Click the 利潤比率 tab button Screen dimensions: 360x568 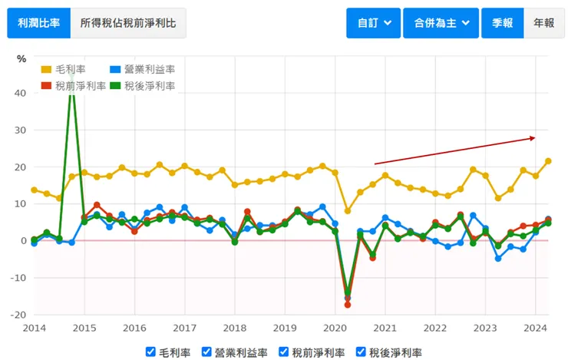click(38, 23)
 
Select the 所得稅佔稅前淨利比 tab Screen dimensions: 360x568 click(128, 23)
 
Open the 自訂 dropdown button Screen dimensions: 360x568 click(373, 23)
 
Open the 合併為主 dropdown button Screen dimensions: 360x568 click(441, 23)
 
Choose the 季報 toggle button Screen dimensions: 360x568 click(504, 23)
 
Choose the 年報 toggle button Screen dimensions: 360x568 click(543, 23)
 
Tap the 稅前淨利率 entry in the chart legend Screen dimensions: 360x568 click(74, 86)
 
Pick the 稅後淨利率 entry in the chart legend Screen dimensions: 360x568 click(143, 86)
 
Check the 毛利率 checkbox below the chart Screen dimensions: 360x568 click(151, 352)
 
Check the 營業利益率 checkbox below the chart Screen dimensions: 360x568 click(207, 352)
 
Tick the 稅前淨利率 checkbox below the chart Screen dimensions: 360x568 click(285, 352)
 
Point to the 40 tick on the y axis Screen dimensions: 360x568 click(21, 93)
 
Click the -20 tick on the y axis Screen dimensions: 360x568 click(18, 315)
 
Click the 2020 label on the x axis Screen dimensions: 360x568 click(335, 328)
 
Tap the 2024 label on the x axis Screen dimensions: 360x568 click(534, 328)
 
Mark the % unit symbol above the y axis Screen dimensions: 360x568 click(21, 59)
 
